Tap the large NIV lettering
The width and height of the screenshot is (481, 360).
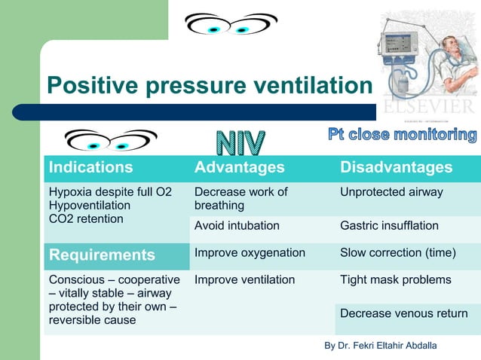[241, 145]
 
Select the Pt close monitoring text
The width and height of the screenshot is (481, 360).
[402, 136]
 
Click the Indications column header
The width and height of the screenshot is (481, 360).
[90, 167]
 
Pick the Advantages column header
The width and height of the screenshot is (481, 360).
[240, 167]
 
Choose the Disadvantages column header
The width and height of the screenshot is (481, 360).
[397, 167]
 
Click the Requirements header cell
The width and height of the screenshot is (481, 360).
[102, 255]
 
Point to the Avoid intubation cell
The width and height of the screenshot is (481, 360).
[237, 225]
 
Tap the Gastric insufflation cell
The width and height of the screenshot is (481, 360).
[389, 225]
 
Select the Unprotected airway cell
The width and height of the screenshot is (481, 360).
[391, 192]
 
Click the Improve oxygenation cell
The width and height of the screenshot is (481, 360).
[250, 253]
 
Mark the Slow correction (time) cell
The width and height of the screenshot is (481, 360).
[398, 253]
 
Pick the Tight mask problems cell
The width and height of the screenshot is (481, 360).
[396, 280]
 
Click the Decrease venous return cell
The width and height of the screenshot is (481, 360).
[404, 313]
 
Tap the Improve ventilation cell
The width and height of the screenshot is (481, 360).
[244, 280]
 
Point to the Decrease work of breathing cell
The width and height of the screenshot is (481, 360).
[240, 199]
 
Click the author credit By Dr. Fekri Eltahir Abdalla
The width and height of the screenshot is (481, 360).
[380, 345]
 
